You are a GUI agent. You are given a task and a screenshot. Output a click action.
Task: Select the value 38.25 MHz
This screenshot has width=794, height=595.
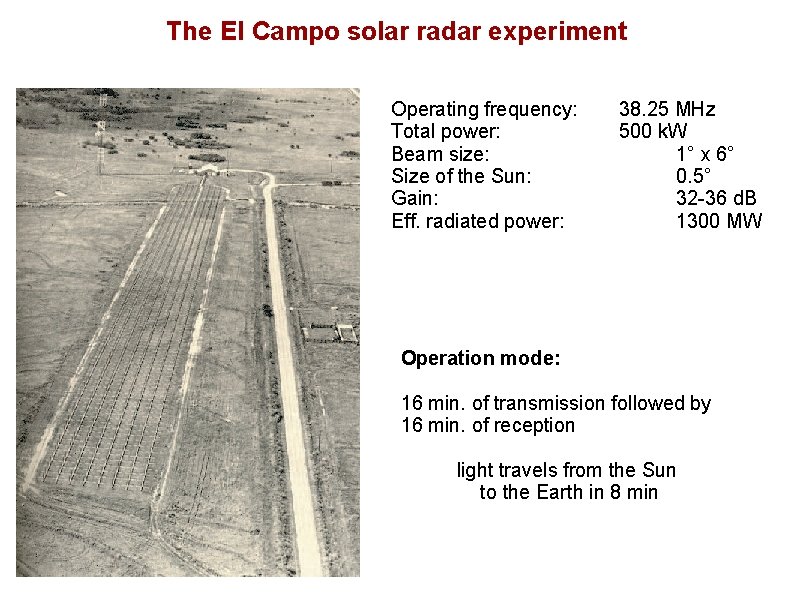(667, 109)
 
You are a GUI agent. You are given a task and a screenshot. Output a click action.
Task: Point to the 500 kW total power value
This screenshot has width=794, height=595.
(653, 131)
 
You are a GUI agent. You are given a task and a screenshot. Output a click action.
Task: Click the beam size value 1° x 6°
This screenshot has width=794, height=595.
(705, 154)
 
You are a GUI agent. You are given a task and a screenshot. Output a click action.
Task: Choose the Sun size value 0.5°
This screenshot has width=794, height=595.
(694, 176)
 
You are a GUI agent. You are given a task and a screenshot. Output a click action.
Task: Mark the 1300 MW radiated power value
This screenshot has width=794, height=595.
(718, 221)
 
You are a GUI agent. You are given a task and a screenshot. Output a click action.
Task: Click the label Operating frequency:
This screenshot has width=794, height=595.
(484, 109)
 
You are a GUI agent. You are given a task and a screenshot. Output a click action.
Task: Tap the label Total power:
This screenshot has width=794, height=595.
(446, 131)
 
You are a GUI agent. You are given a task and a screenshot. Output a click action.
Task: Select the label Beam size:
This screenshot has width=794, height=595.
(440, 154)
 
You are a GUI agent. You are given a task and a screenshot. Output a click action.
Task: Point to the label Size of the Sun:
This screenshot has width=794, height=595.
(461, 176)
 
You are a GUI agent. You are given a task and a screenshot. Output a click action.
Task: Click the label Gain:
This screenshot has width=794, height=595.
(414, 198)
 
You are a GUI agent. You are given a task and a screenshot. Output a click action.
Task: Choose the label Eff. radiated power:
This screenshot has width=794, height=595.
(478, 221)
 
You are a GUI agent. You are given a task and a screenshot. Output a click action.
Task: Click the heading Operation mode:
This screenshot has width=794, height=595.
(480, 358)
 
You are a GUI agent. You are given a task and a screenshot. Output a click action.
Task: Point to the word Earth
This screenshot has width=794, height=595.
(565, 492)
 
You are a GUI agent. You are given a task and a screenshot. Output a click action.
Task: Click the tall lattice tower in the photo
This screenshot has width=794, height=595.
(100, 125)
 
